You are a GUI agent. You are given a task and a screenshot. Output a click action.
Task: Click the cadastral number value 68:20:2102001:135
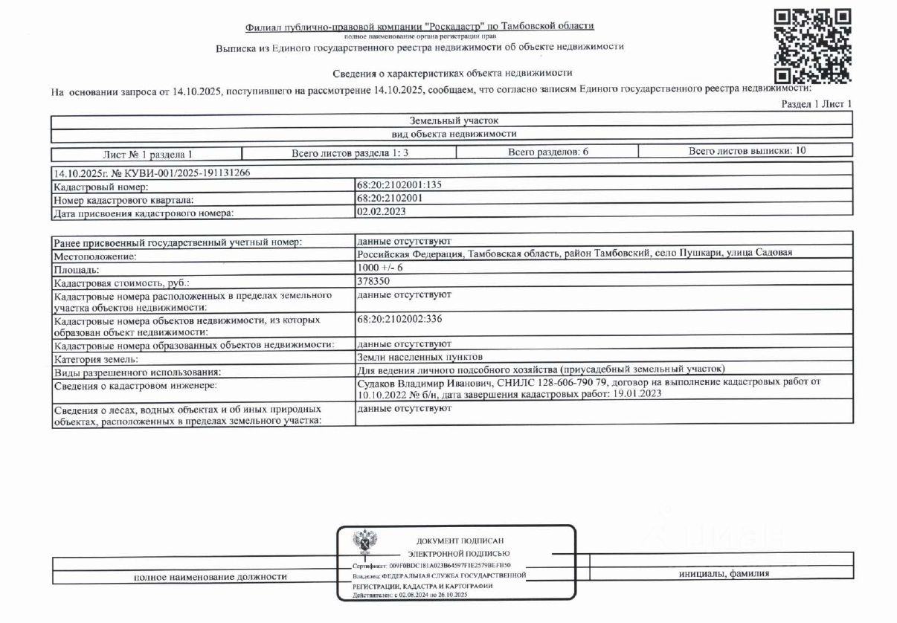tap(400, 185)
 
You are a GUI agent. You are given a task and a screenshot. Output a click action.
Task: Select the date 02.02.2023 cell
tap(382, 211)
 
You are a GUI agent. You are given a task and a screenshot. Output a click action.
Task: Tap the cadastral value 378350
tap(374, 282)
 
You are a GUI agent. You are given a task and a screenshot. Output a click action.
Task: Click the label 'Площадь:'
tap(75, 270)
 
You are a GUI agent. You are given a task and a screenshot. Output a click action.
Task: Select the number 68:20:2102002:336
tap(400, 319)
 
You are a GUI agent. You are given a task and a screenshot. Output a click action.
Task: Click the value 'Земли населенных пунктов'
tap(420, 356)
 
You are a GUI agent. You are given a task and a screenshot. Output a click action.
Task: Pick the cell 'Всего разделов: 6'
tap(548, 152)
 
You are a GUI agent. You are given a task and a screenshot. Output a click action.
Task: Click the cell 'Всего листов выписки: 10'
tap(746, 151)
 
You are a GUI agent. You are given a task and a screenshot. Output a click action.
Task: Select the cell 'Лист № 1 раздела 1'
tap(147, 155)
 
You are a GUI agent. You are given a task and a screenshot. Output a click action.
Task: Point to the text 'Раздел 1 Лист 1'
tap(816, 104)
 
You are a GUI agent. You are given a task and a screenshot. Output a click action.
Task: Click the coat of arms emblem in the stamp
tap(364, 543)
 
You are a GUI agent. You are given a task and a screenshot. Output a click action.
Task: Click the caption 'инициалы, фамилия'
tap(724, 573)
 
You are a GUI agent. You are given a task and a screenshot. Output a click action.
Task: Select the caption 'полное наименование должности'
tap(210, 576)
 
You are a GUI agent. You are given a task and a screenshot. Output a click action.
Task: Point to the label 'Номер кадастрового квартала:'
tap(125, 200)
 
